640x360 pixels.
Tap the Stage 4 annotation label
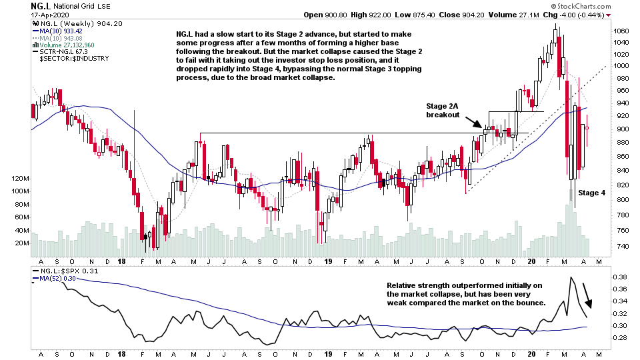[591, 193]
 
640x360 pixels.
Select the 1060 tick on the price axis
[621, 31]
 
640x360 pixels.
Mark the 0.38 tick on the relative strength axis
[619, 277]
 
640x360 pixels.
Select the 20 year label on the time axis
[531, 261]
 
